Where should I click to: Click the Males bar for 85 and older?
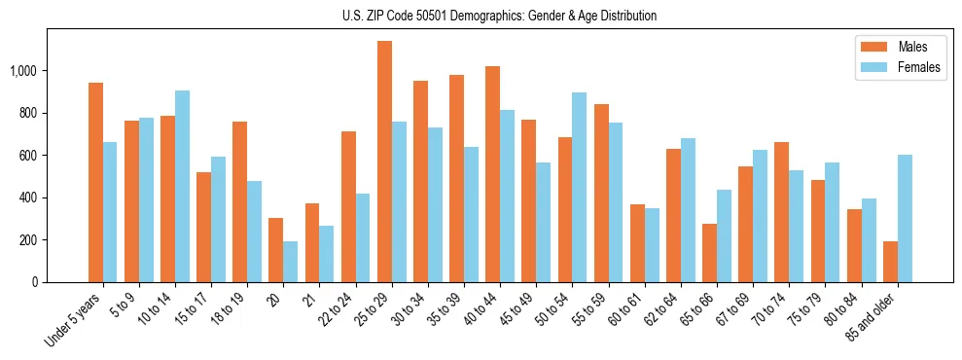point(890,262)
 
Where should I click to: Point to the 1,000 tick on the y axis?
point(36,71)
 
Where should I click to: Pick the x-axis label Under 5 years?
point(73,320)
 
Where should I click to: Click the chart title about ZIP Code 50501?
point(499,16)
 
